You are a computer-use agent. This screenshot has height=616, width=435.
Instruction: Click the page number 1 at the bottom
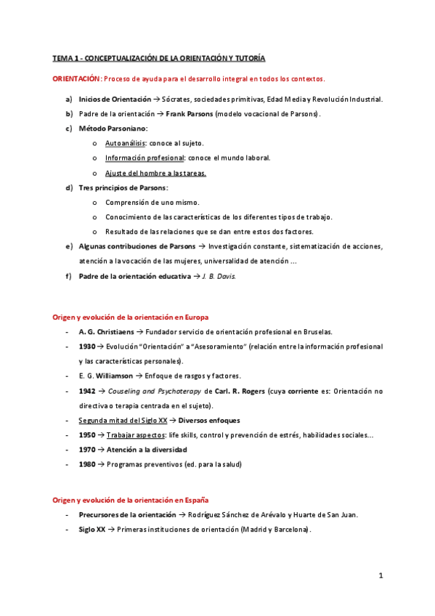[380, 576]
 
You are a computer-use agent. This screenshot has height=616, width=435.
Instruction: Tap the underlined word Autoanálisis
[125, 143]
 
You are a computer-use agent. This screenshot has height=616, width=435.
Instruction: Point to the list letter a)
[69, 100]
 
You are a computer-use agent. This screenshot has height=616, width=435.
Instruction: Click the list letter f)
[68, 276]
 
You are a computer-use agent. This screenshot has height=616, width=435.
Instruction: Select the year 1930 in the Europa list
[87, 346]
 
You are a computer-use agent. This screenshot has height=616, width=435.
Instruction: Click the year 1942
[87, 391]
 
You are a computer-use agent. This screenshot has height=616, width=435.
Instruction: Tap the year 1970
[87, 450]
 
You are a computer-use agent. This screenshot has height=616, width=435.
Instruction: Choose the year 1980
[87, 464]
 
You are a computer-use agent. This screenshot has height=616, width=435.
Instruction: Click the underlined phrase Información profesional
[144, 158]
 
